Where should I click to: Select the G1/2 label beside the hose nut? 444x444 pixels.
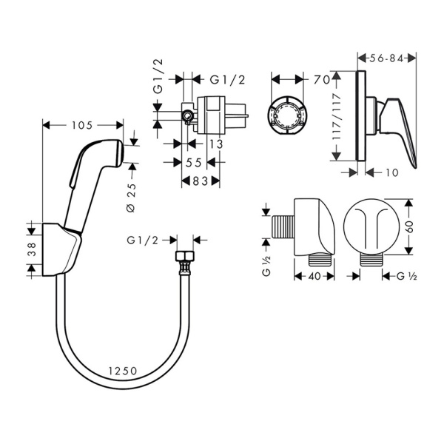142,240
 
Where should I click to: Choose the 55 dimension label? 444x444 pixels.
195,161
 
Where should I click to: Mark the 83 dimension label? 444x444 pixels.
201,180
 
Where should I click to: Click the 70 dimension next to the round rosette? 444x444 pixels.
321,77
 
